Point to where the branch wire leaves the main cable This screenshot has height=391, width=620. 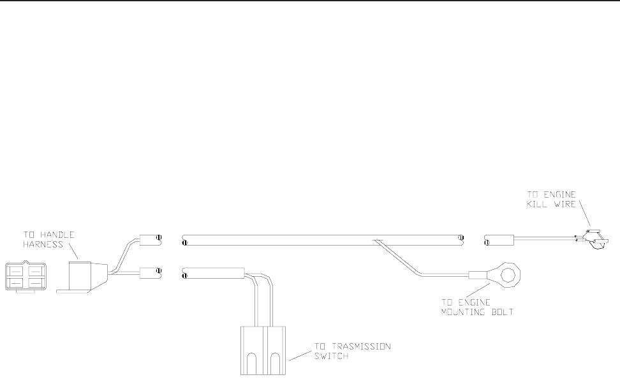[378, 241]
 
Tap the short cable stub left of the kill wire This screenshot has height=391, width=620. [500, 240]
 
